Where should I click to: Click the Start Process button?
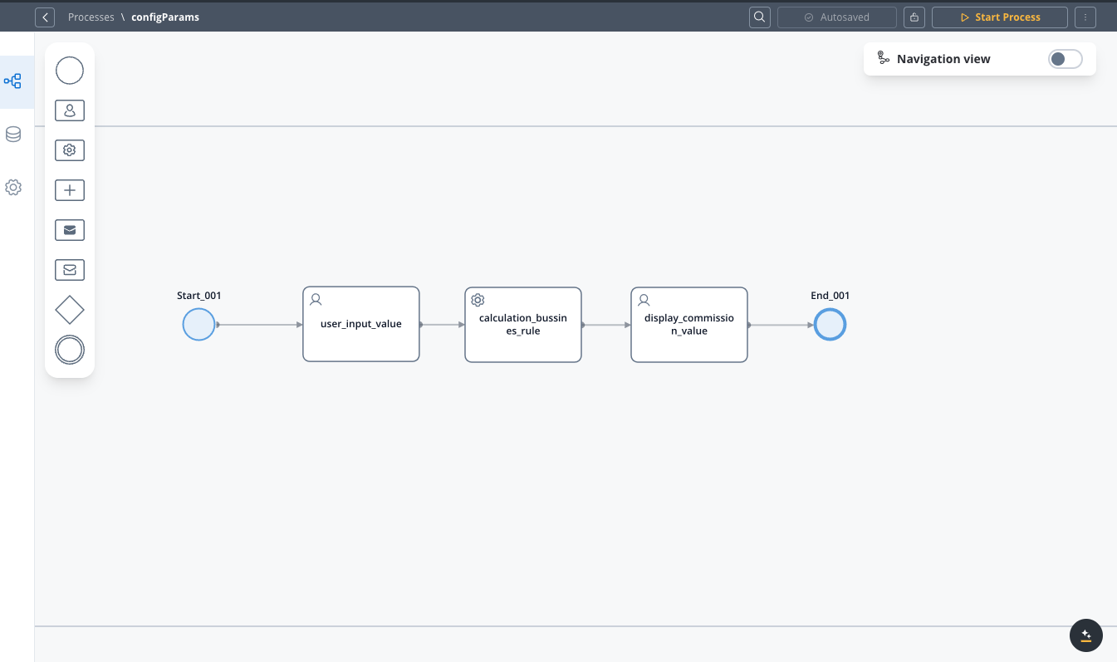point(999,17)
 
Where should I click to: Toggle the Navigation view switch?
point(1066,59)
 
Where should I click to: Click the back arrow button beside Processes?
point(45,17)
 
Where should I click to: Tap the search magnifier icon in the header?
point(759,17)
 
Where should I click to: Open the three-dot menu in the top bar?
point(1085,17)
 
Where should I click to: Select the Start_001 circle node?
point(198,324)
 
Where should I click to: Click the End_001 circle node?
point(830,324)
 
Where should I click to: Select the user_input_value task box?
point(361,324)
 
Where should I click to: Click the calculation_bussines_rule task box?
point(523,325)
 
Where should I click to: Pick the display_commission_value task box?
point(689,325)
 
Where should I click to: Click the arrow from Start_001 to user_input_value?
point(259,325)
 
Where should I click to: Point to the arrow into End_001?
point(781,326)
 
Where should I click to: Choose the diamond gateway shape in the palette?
point(70,310)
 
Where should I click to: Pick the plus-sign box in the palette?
point(70,190)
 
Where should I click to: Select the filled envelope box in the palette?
point(70,230)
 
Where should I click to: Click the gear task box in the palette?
point(70,150)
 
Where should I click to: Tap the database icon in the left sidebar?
point(13,135)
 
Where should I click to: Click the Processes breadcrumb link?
point(91,17)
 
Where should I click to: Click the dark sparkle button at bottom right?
point(1086,635)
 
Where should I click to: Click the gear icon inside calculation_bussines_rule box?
point(478,300)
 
